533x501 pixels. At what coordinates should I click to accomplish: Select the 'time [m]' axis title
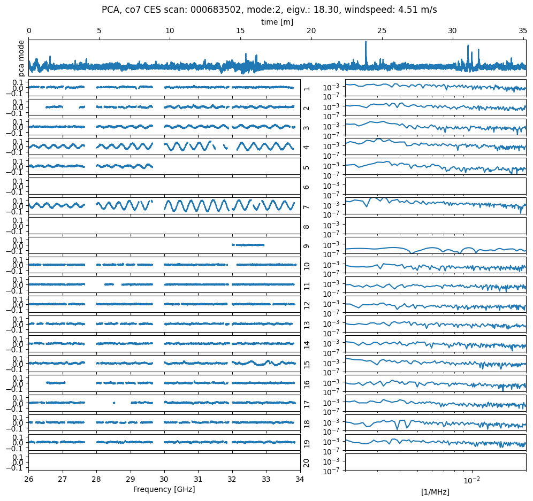(277, 22)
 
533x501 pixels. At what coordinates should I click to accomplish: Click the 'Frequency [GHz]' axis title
(164, 489)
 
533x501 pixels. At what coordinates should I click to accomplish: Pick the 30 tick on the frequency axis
(164, 479)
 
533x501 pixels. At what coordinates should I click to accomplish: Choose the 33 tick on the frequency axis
(266, 479)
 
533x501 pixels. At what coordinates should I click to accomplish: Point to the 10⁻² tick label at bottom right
(471, 480)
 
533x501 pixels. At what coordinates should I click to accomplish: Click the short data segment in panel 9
(248, 245)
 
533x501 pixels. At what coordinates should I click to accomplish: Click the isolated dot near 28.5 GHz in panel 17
(114, 403)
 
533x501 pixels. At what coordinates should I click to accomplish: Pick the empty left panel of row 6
(164, 186)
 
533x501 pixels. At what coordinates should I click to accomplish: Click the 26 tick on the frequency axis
(29, 479)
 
